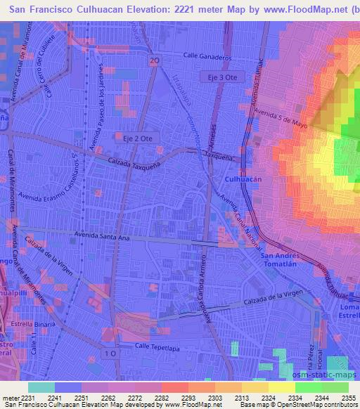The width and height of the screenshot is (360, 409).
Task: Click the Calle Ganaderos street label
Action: click(207, 56)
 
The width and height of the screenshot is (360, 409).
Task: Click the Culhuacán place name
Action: click(243, 180)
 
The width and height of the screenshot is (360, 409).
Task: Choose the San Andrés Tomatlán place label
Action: click(281, 261)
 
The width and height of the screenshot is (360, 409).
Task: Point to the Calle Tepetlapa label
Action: click(154, 346)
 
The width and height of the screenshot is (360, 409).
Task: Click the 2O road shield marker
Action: click(153, 62)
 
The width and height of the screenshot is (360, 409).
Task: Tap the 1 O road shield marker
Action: click(108, 353)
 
